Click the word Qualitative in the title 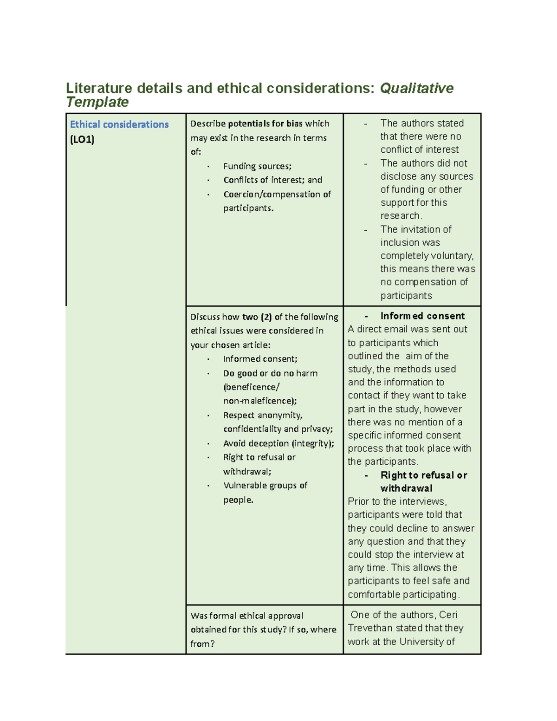416,88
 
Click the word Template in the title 97,102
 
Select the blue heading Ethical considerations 119,124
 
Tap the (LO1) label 82,139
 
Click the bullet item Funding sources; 257,166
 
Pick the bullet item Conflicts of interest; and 272,180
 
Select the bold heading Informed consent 422,316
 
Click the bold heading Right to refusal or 423,475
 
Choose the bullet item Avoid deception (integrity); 278,443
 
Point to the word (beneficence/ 251,387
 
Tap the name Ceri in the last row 448,615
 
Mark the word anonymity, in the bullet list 280,416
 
